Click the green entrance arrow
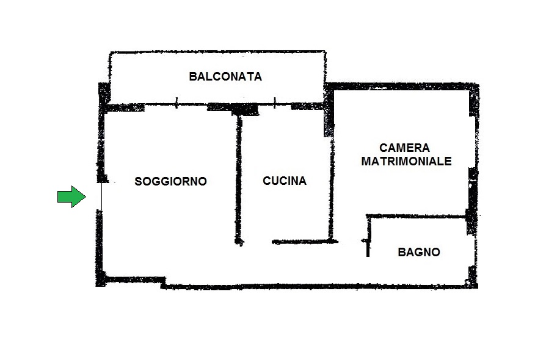pyautogui.click(x=71, y=196)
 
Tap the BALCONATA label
pyautogui.click(x=225, y=76)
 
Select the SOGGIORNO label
pyautogui.click(x=170, y=181)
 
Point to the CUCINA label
pyautogui.click(x=285, y=181)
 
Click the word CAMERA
pyautogui.click(x=405, y=148)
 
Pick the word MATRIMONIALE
pyautogui.click(x=406, y=161)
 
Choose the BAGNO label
pyautogui.click(x=419, y=252)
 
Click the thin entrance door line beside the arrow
pyautogui.click(x=101, y=196)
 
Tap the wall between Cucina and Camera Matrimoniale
pyautogui.click(x=330, y=187)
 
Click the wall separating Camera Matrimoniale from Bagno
pyautogui.click(x=417, y=216)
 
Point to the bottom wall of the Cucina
pyautogui.click(x=305, y=242)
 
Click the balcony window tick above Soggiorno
pyautogui.click(x=177, y=103)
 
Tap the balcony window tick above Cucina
pyautogui.click(x=275, y=103)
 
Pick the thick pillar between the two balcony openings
pyautogui.click(x=245, y=109)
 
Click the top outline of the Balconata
pyautogui.click(x=217, y=52)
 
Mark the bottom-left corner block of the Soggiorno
pyautogui.click(x=101, y=279)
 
